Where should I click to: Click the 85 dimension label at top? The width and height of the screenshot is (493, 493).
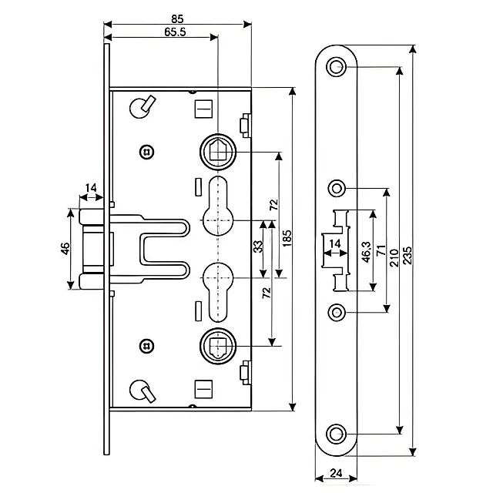click(x=177, y=18)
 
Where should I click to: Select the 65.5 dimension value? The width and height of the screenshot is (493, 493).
click(x=175, y=32)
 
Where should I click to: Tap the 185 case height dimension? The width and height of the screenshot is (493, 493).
click(x=287, y=238)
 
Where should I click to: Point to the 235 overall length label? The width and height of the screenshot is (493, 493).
click(x=407, y=255)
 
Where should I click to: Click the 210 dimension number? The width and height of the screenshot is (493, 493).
click(x=394, y=258)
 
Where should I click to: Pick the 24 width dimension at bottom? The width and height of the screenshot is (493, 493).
click(x=336, y=473)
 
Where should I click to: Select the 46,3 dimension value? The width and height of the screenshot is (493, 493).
click(x=367, y=252)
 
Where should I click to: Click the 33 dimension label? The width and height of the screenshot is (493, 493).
click(x=257, y=246)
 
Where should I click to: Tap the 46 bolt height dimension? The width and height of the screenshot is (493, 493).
click(x=65, y=249)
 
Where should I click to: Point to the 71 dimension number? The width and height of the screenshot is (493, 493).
click(x=381, y=250)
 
